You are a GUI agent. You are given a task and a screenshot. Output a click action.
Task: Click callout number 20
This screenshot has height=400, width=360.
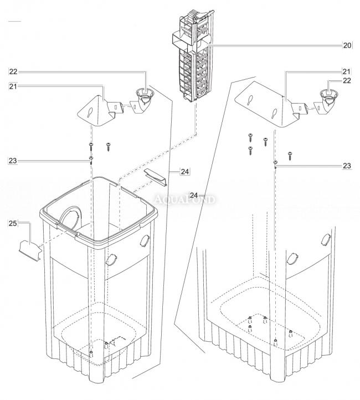click(x=347, y=45)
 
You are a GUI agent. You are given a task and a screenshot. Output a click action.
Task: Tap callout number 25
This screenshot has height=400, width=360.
click(x=13, y=223)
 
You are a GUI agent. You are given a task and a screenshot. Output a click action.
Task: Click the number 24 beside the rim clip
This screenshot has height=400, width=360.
click(x=184, y=172)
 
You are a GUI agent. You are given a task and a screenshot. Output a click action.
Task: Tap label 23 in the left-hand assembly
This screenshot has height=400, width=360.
click(x=13, y=160)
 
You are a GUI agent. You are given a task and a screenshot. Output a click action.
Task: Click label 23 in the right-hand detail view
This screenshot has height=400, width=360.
click(x=347, y=165)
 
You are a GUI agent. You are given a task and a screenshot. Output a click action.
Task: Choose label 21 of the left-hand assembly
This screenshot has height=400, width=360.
click(x=13, y=86)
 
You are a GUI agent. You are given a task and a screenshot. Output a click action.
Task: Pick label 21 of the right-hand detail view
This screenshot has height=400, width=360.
click(x=347, y=71)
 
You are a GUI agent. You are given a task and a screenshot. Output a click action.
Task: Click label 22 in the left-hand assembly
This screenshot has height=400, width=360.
click(x=13, y=71)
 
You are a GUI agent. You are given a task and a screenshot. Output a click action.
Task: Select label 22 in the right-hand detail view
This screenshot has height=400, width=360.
click(x=347, y=81)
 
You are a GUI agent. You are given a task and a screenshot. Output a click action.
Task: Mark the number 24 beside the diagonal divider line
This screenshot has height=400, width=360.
click(x=193, y=195)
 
